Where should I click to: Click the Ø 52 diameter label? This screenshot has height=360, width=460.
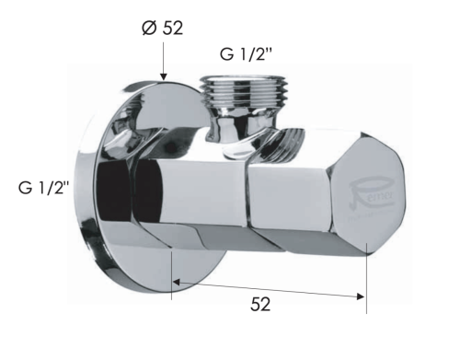click(x=163, y=28)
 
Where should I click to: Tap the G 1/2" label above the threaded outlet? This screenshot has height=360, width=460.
click(x=247, y=54)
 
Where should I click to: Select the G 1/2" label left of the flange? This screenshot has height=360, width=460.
click(x=44, y=187)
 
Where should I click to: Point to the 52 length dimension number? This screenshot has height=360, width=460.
click(x=260, y=305)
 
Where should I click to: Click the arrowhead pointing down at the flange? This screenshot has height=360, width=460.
click(x=164, y=76)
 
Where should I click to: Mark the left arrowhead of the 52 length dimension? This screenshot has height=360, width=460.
click(x=177, y=282)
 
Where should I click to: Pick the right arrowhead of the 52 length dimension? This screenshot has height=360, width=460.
click(x=361, y=296)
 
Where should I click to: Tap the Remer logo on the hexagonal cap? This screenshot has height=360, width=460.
click(x=372, y=196)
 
